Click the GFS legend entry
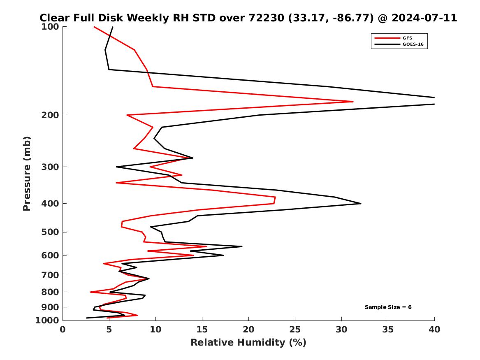coord(407,38)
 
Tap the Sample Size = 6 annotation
coord(388,307)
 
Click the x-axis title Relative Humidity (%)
coord(248,343)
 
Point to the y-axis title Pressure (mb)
coord(27,173)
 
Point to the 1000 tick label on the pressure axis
coord(49,321)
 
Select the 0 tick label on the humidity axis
coord(63,330)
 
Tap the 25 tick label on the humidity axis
coord(295,330)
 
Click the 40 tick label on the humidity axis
coord(434,330)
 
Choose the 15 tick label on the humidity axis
coord(202,330)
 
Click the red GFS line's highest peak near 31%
coord(353,101)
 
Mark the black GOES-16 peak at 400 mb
coord(361,203)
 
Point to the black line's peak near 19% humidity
coord(242,246)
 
